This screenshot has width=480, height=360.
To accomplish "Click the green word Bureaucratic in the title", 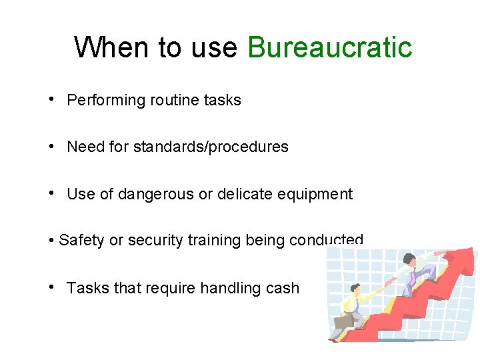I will tap(329, 48).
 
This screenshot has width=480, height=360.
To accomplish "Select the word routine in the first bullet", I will tap(174, 101).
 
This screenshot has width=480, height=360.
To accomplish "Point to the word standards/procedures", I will tap(211, 147).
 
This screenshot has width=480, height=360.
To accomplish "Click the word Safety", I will tap(81, 241).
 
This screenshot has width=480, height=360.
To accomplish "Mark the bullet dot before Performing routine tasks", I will tap(51, 99).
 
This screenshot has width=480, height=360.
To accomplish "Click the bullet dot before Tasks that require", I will tap(51, 287).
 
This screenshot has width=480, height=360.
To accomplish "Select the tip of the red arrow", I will tap(472, 252).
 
